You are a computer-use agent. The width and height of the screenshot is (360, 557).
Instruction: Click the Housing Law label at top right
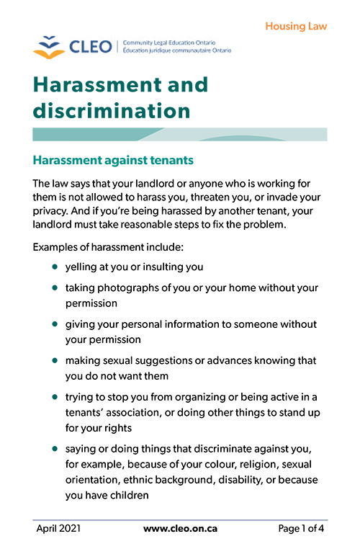296,27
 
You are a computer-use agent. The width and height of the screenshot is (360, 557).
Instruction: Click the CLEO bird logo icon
48,46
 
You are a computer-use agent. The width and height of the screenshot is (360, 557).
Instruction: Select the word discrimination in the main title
112,111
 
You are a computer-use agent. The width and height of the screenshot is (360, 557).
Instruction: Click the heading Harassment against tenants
113,159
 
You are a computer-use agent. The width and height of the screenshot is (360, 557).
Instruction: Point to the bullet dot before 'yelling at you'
55,267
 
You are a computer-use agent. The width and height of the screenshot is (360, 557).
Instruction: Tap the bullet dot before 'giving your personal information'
55,324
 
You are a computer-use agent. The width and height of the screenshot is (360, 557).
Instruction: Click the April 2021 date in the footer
58,529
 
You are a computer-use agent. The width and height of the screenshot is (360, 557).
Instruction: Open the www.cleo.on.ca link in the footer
180,529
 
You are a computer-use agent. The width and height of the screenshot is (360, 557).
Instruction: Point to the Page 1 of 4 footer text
301,529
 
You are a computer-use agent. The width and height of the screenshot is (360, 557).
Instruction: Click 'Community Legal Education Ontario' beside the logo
168,43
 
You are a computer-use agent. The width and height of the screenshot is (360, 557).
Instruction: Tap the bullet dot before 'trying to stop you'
55,396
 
